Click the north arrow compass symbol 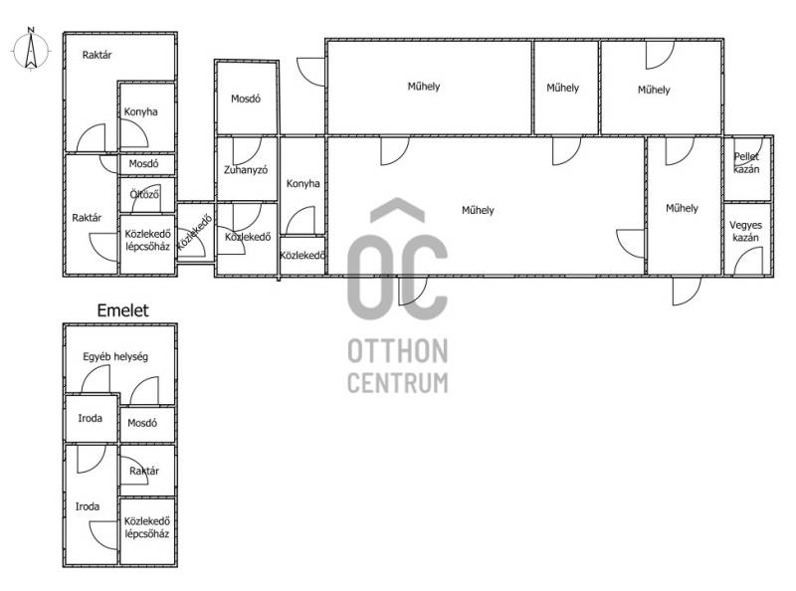[x=31, y=50]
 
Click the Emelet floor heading [x=122, y=310]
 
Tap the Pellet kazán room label [x=746, y=163]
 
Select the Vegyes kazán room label [x=745, y=231]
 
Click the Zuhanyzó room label [x=246, y=170]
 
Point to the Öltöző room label [x=144, y=194]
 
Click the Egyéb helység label [x=115, y=357]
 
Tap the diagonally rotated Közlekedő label [x=194, y=233]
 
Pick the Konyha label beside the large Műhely [x=303, y=184]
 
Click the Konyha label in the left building [x=140, y=111]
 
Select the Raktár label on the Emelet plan [x=144, y=472]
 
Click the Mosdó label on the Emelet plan [x=142, y=423]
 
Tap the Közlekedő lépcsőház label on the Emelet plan [x=146, y=527]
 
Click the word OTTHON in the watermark [x=397, y=351]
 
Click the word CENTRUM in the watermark [x=398, y=383]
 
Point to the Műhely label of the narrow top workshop [x=562, y=88]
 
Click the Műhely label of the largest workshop [x=478, y=210]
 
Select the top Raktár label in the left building [x=97, y=55]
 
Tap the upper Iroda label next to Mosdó [x=90, y=418]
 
